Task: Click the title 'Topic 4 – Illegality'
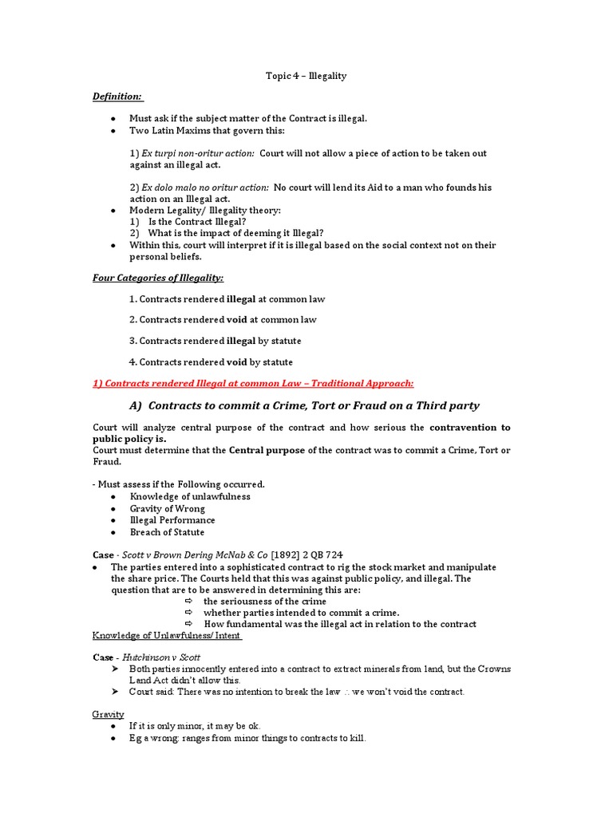[x=306, y=76]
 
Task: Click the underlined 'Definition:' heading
[x=118, y=97]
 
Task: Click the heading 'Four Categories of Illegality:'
[x=159, y=278]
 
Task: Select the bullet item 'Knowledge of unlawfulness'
[x=190, y=496]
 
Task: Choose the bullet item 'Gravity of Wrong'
[x=168, y=508]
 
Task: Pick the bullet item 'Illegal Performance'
[x=172, y=520]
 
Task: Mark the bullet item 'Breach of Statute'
[x=167, y=532]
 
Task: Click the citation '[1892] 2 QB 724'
[x=309, y=555]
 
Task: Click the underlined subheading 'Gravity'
[x=109, y=714]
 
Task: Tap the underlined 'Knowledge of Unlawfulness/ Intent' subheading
[x=168, y=635]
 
